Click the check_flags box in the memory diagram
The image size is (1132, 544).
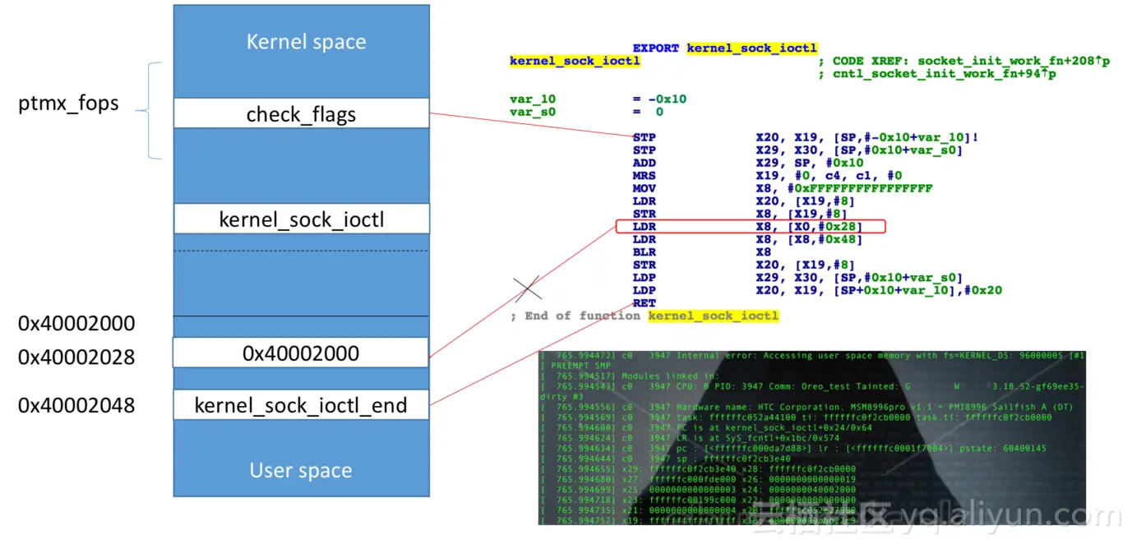301,113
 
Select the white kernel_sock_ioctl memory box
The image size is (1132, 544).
301,219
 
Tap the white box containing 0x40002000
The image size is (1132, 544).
301,353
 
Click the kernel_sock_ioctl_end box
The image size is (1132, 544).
301,404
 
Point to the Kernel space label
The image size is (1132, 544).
306,42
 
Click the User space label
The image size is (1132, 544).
301,470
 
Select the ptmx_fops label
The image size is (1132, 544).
68,104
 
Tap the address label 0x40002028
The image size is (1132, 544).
76,357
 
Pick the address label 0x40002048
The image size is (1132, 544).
76,405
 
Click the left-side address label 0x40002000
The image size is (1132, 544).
76,323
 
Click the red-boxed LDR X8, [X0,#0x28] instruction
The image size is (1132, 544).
750,226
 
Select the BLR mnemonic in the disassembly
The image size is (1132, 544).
645,252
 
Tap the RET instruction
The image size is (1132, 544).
645,303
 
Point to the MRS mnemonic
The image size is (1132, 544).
645,176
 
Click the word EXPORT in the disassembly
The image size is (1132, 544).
656,48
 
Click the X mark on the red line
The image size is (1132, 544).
528,288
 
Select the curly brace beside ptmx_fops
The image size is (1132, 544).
150,110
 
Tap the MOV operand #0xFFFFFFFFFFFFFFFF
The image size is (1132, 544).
844,188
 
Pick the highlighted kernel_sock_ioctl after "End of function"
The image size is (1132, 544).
713,316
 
